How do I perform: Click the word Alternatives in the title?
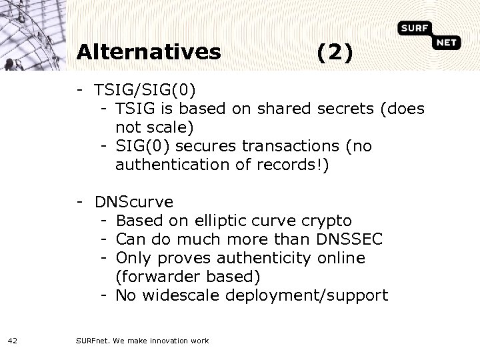pyautogui.click(x=148, y=51)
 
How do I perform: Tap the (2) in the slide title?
pyautogui.click(x=335, y=51)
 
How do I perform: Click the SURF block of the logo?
pyautogui.click(x=416, y=28)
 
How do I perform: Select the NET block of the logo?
pyautogui.click(x=447, y=44)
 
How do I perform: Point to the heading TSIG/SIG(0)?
pyautogui.click(x=145, y=90)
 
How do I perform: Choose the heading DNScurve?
pyautogui.click(x=134, y=201)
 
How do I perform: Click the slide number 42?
pyautogui.click(x=13, y=341)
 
